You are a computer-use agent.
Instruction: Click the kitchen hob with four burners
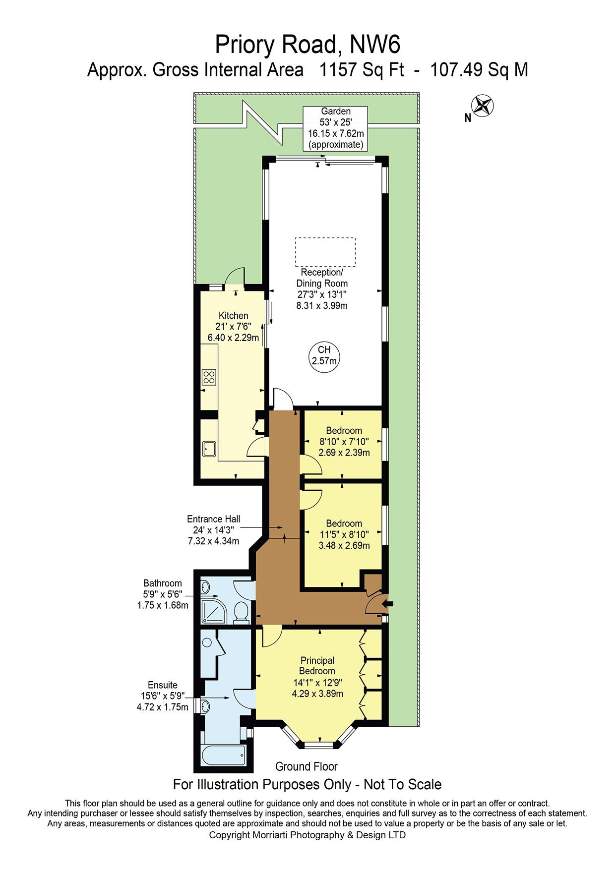(209, 378)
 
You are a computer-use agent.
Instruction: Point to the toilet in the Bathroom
(241, 612)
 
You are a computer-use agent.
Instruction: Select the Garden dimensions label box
(336, 128)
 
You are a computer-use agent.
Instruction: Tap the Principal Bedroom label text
(317, 666)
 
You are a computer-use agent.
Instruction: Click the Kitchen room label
(234, 316)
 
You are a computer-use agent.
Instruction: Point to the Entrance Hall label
(214, 519)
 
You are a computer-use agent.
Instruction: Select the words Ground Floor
(307, 766)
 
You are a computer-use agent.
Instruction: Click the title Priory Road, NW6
(307, 45)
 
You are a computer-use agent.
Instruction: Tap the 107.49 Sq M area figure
(479, 70)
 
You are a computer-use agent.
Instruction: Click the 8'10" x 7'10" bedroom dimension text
(344, 442)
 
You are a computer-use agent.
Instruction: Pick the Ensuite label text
(163, 686)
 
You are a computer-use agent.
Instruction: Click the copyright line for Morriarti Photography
(307, 835)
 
